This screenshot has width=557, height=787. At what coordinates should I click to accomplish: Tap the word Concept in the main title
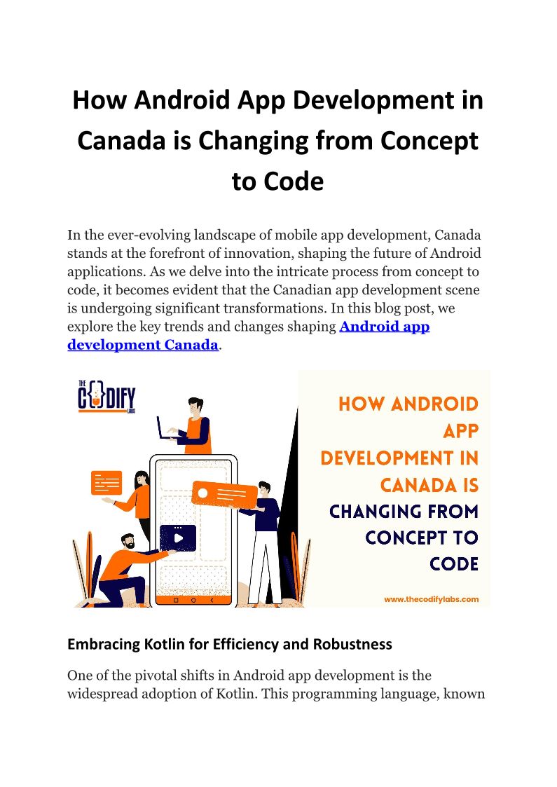(x=429, y=141)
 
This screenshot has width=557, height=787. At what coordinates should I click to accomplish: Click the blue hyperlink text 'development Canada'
(x=143, y=345)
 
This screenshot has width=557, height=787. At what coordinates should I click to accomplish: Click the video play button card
(x=178, y=538)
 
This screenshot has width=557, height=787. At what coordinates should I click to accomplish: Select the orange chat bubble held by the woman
(x=106, y=482)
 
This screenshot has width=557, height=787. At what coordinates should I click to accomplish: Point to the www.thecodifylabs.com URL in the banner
(x=431, y=599)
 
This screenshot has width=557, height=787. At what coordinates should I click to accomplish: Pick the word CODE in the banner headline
(x=455, y=564)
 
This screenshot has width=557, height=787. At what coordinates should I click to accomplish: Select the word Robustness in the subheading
(x=354, y=643)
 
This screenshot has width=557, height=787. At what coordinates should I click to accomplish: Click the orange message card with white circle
(x=224, y=495)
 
